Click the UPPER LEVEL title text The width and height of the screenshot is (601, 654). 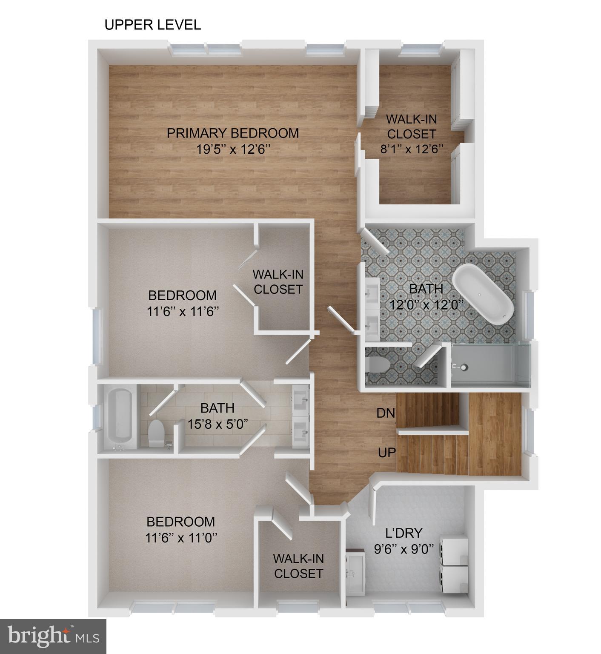pos(152,25)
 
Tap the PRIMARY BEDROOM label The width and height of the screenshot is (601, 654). pos(232,133)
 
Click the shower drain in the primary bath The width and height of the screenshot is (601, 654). pos(463,366)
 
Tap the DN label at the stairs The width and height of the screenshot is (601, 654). pos(386,413)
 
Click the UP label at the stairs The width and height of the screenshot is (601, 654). pos(386,453)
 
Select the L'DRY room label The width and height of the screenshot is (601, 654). pos(398,533)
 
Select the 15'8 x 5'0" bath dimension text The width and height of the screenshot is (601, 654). pos(218,424)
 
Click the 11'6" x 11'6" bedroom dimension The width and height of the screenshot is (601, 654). pos(183,312)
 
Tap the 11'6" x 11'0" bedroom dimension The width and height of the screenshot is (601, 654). pos(181,538)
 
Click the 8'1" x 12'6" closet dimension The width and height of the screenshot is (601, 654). pos(412,149)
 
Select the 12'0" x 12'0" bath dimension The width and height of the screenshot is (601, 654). pos(426,305)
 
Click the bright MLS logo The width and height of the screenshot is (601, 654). pos(53,637)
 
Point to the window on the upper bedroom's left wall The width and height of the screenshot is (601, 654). pos(97,336)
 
